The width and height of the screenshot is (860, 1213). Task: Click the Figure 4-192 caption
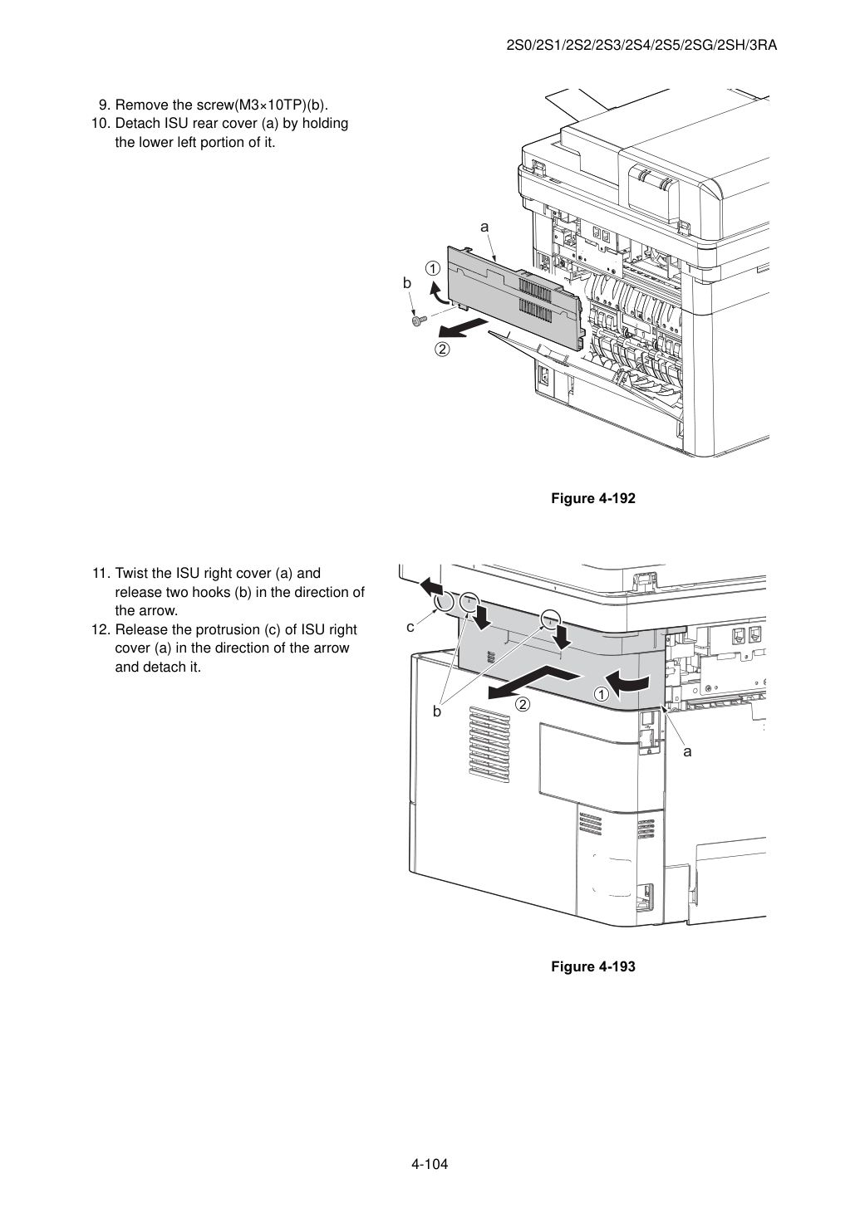[592, 498]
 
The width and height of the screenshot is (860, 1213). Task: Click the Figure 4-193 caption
[592, 966]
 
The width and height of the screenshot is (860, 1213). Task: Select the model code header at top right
[641, 46]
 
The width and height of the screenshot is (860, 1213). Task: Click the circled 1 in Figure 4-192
[432, 269]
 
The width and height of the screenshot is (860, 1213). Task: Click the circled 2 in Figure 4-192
[442, 350]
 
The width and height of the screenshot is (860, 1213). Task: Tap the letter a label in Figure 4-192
[484, 227]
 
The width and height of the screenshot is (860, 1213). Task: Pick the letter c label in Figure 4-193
[410, 627]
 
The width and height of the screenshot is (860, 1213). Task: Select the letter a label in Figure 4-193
[687, 751]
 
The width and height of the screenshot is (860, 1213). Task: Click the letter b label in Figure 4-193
[437, 711]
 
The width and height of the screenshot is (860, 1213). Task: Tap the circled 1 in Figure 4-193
[602, 694]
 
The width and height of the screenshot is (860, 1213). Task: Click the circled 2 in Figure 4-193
[523, 705]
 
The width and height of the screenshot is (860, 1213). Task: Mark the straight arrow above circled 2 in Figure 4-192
[462, 328]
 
